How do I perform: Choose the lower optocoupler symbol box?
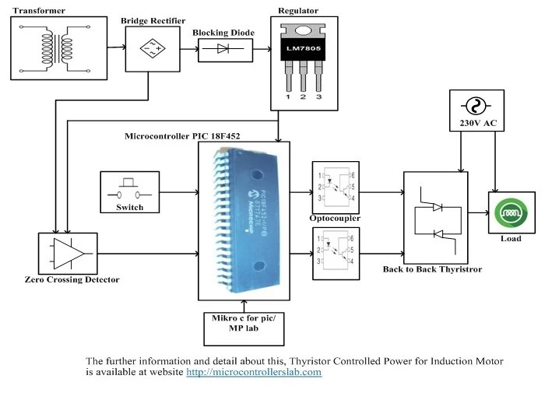[334, 252]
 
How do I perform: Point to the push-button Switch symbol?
[129, 187]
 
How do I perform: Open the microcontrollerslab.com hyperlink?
[253, 373]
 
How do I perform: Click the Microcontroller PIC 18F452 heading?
[182, 135]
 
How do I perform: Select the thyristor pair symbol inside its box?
[437, 220]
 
